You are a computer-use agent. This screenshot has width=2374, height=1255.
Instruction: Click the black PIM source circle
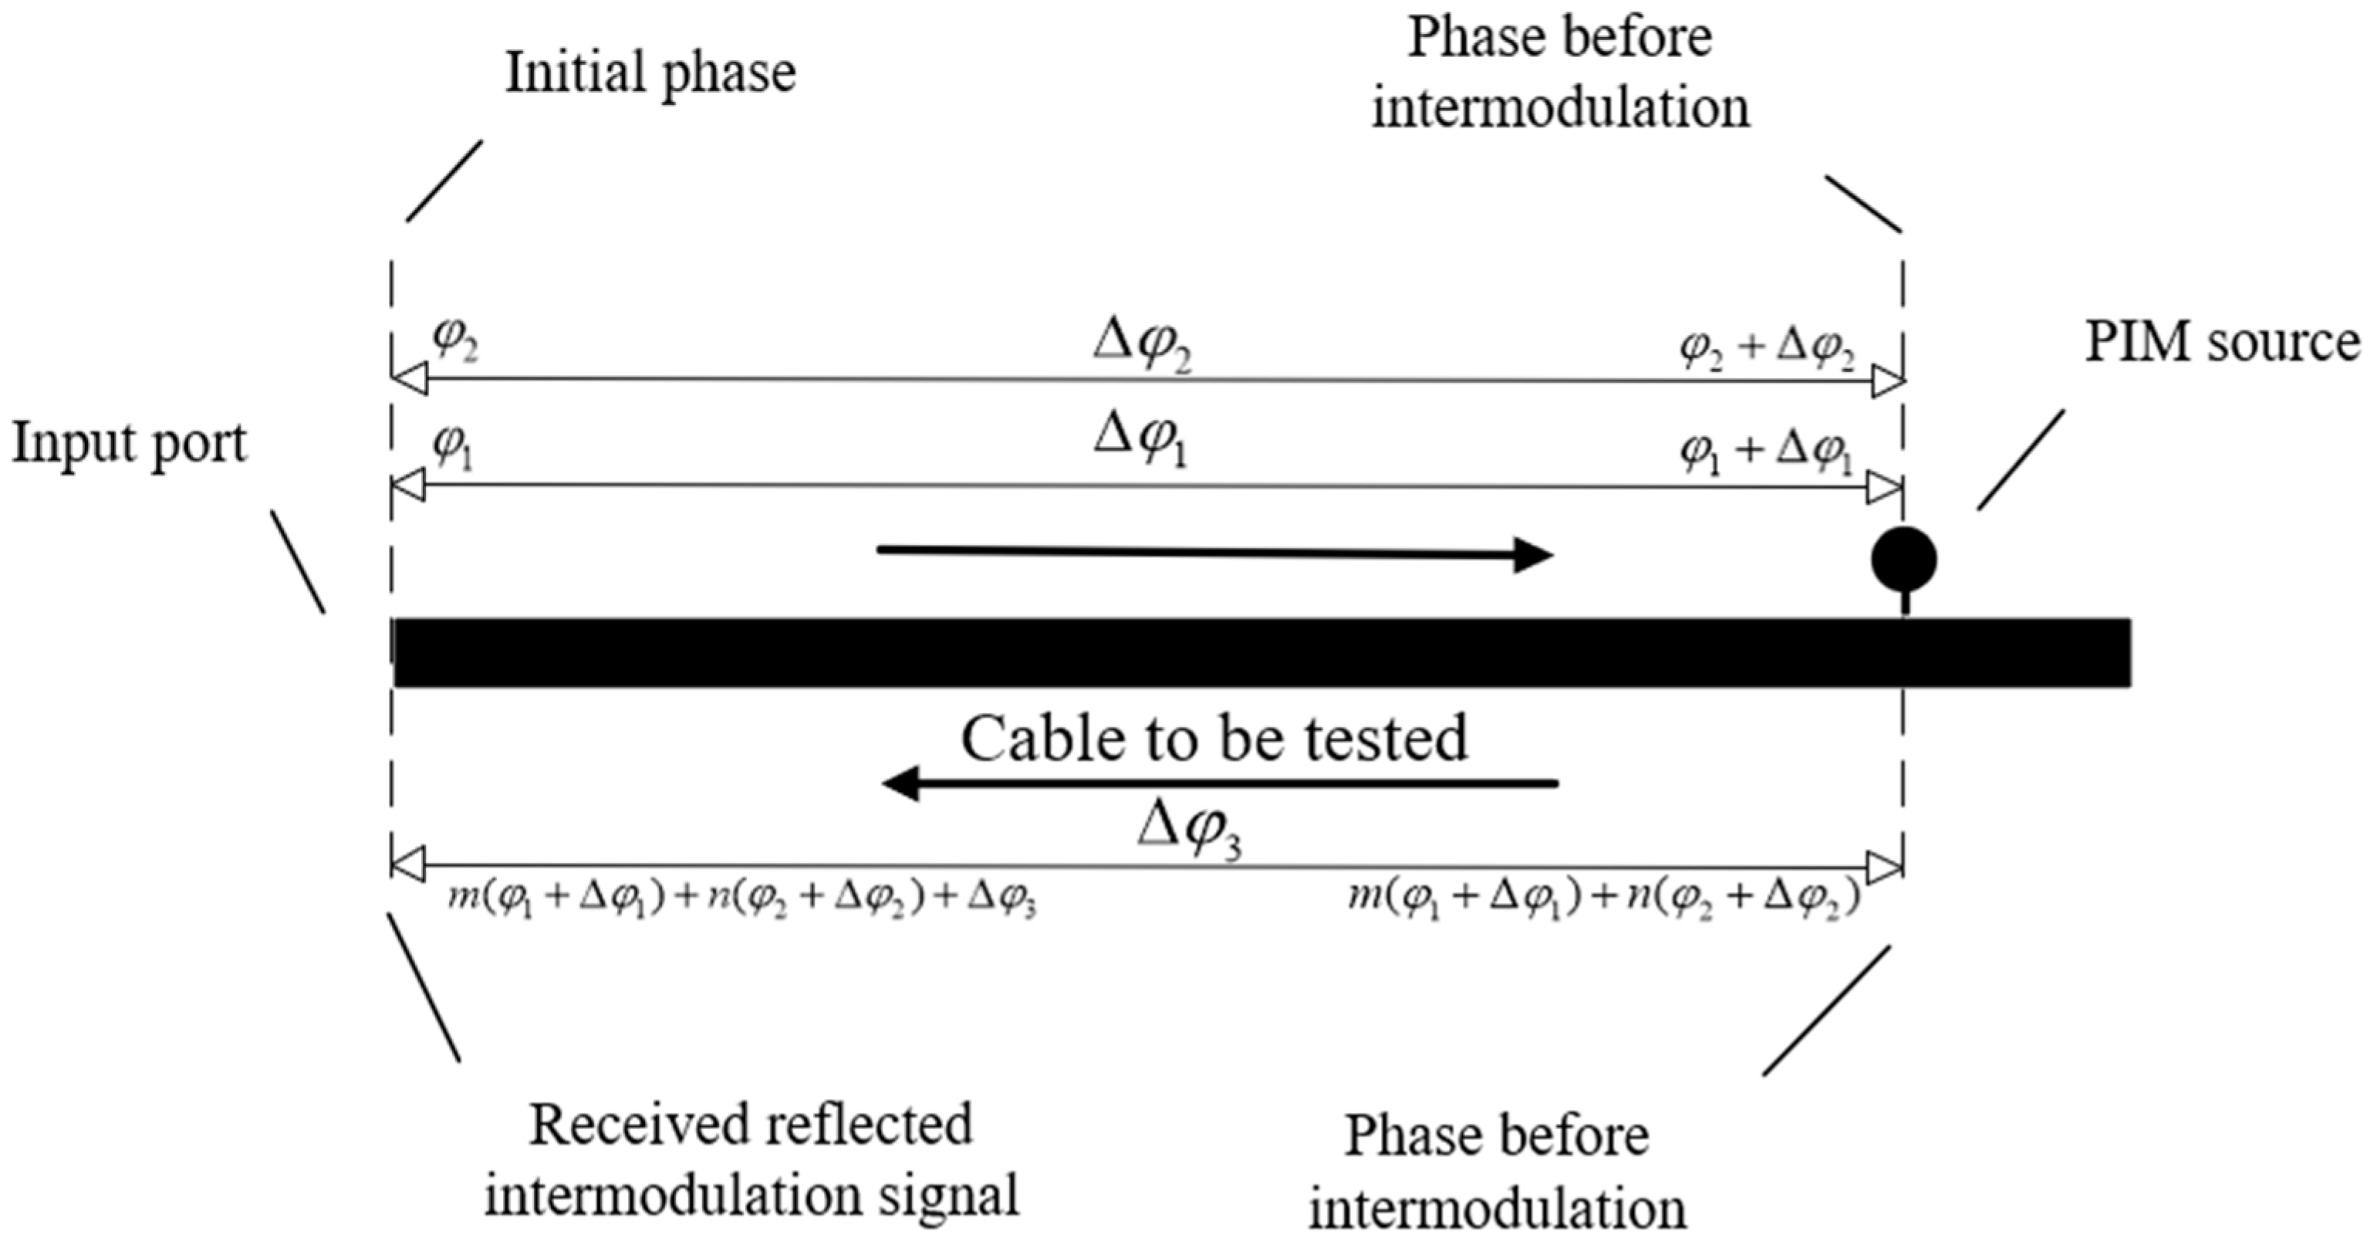[1903, 559]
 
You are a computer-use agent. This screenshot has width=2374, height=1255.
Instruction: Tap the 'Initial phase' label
[650, 74]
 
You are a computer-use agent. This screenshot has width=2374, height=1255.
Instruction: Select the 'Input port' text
[129, 445]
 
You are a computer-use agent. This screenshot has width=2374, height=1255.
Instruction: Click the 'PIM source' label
[2222, 343]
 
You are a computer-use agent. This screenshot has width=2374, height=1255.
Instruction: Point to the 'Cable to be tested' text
[1214, 739]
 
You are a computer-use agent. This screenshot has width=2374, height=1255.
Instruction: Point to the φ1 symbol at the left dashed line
[452, 448]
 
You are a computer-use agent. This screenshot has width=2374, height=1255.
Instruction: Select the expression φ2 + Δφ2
[1767, 350]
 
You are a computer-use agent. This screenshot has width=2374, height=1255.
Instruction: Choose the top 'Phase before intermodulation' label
[1560, 74]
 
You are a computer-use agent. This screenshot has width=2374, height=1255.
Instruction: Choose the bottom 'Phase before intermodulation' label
[1498, 1172]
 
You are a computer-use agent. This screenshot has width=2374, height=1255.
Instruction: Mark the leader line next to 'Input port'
[298, 562]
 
